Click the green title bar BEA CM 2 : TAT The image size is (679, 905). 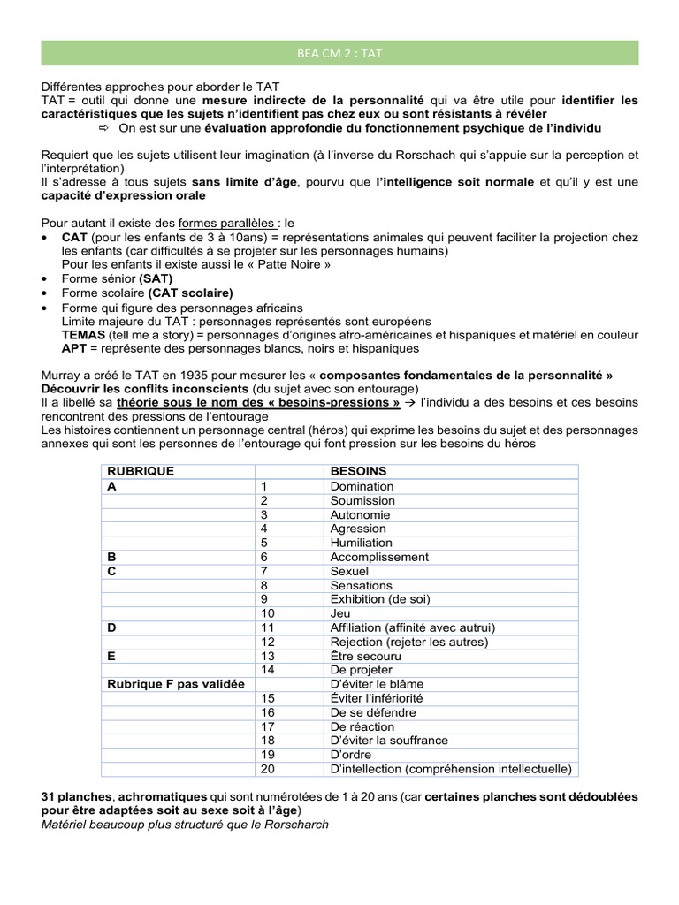pos(339,52)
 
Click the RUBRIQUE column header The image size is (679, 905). pos(141,472)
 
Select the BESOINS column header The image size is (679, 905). pos(358,472)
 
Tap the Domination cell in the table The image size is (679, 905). pos(362,486)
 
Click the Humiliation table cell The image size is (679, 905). pos(361,543)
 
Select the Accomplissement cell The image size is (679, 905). pos(378,557)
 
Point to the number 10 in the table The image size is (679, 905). pos(268,613)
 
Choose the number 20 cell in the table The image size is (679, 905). pos(268,769)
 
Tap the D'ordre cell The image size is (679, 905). pos(353,755)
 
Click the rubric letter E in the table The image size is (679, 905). pos(111,656)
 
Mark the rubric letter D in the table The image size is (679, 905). pos(111,627)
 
